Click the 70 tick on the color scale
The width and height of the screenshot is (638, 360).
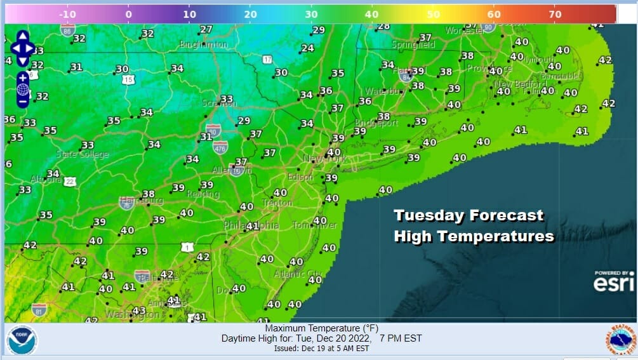(x=555, y=14)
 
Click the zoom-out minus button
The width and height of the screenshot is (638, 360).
(x=23, y=101)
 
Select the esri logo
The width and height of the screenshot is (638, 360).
(x=613, y=283)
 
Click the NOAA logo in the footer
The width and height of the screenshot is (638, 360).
(x=22, y=340)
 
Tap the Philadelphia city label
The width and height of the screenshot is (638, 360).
(x=251, y=225)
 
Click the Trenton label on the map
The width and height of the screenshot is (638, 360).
(x=277, y=203)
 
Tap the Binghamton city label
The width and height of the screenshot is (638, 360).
(x=203, y=45)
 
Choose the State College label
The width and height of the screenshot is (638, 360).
(x=83, y=154)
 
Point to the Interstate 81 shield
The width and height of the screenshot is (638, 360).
(x=39, y=309)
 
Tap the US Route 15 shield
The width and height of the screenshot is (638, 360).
(x=129, y=79)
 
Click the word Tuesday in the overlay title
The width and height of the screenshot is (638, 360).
(x=429, y=216)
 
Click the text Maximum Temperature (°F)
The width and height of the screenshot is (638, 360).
(x=321, y=328)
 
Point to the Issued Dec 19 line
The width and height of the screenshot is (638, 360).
(x=321, y=349)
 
